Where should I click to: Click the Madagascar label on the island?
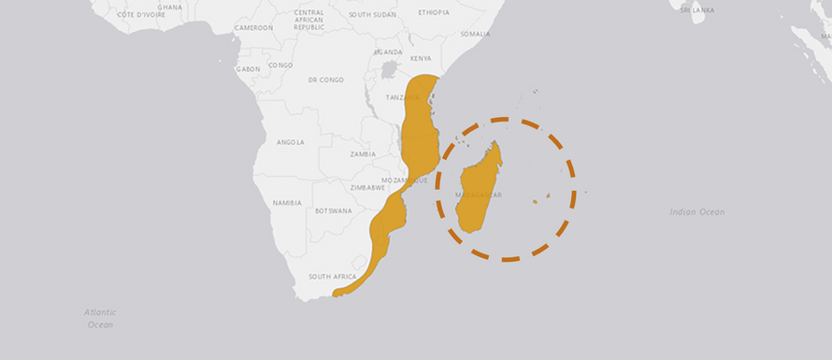click(479, 194)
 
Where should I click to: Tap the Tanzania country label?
click(401, 97)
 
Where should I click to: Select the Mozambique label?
click(405, 179)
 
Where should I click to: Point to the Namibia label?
click(287, 203)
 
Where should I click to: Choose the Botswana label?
click(333, 211)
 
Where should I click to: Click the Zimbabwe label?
click(367, 187)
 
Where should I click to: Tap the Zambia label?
click(363, 153)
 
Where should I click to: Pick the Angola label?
click(291, 142)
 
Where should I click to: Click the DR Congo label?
click(326, 80)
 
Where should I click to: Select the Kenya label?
click(421, 59)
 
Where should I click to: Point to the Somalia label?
click(474, 34)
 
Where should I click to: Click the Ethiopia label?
click(434, 12)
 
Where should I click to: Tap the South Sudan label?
click(372, 15)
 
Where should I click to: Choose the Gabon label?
click(249, 69)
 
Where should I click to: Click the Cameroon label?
click(253, 28)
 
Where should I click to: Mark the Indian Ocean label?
click(696, 212)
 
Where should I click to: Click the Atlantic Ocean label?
click(100, 318)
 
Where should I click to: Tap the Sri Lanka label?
click(697, 10)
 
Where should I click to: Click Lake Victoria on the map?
click(389, 70)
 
